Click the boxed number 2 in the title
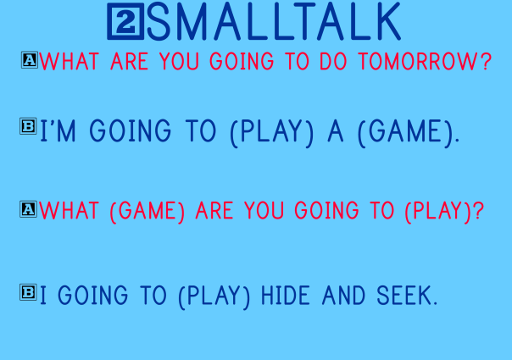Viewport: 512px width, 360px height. click(x=125, y=23)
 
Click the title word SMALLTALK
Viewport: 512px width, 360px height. click(x=273, y=23)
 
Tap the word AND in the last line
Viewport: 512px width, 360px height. click(x=348, y=296)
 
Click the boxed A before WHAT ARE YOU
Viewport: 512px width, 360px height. click(x=29, y=60)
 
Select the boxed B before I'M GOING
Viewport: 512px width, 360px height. click(x=28, y=127)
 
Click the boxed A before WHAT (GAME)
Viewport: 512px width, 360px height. click(x=28, y=208)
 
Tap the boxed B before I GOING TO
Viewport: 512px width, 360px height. click(x=28, y=292)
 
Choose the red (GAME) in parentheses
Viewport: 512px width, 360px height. click(x=147, y=211)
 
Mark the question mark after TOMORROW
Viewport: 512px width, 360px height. click(x=485, y=63)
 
